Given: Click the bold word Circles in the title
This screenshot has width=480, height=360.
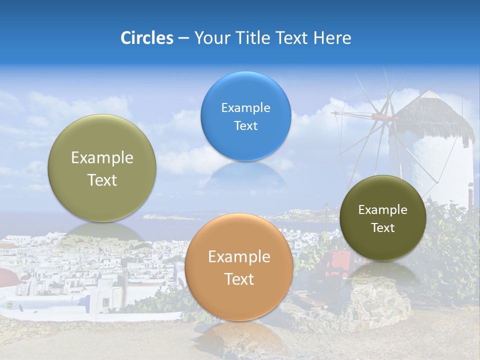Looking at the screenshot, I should pyautogui.click(x=146, y=38).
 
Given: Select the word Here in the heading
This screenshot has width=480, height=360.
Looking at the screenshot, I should pyautogui.click(x=332, y=38).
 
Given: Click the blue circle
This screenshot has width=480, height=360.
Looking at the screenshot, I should pyautogui.click(x=245, y=116).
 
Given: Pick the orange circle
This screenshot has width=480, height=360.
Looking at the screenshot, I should pyautogui.click(x=239, y=267).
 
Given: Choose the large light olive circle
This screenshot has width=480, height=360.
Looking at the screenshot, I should pyautogui.click(x=102, y=168).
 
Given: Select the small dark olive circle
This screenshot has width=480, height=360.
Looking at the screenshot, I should pyautogui.click(x=383, y=218).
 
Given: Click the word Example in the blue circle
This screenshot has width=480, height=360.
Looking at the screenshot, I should pyautogui.click(x=245, y=107).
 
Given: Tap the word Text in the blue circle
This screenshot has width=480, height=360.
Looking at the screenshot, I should pyautogui.click(x=245, y=125).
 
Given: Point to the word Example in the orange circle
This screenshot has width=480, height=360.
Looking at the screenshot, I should pyautogui.click(x=239, y=257).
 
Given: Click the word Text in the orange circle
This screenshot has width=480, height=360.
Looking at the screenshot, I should pyautogui.click(x=239, y=279).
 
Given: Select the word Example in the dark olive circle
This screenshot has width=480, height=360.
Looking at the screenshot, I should pyautogui.click(x=383, y=210).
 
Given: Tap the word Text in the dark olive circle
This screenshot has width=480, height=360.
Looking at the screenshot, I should pyautogui.click(x=383, y=228).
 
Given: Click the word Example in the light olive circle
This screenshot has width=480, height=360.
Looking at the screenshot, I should pyautogui.click(x=102, y=158).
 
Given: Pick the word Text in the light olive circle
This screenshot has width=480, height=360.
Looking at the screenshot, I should pyautogui.click(x=102, y=180).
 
